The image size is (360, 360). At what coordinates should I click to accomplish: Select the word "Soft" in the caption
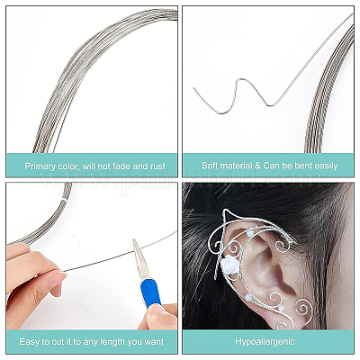[210, 166]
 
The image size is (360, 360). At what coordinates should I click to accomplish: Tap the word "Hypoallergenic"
[265, 341]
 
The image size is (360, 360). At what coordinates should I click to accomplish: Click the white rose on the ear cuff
[230, 264]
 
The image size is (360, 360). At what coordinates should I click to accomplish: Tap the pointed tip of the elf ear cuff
[225, 211]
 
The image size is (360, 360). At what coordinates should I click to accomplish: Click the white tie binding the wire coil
[64, 200]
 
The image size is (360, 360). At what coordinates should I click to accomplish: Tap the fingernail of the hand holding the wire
[57, 278]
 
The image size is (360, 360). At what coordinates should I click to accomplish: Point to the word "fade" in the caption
[121, 166]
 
